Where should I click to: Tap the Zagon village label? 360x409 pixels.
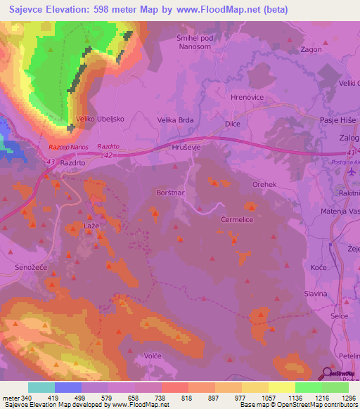tap(311, 50)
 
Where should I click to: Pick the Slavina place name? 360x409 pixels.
tap(316, 293)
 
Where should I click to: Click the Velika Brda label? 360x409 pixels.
tap(175, 120)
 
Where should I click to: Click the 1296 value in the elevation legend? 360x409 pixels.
tap(346, 397)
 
